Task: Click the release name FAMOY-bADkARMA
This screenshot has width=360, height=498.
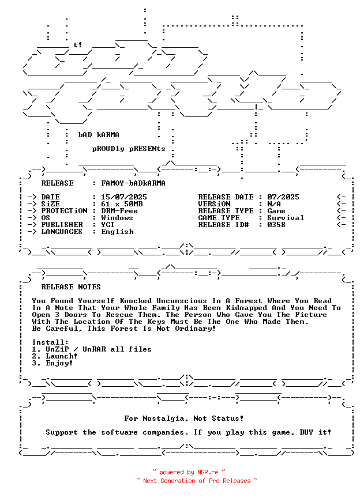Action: click(133, 183)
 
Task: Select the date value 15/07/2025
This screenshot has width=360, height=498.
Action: click(123, 197)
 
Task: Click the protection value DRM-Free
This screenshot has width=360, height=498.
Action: click(119, 211)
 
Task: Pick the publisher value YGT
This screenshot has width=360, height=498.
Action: click(108, 225)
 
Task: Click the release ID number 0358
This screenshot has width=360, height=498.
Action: click(276, 225)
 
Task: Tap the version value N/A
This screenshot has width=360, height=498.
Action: click(274, 204)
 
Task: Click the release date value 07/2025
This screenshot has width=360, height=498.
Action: click(283, 197)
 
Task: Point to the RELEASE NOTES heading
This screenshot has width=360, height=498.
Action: click(71, 287)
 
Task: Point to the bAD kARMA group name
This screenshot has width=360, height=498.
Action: click(99, 135)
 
